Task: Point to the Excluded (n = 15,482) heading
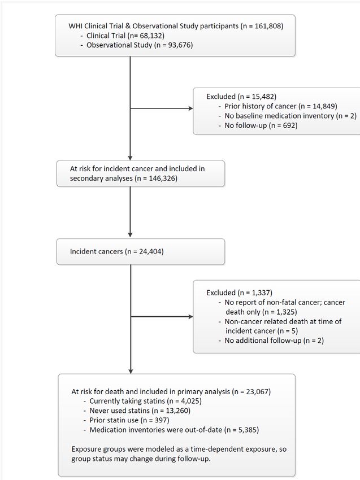coord(241,97)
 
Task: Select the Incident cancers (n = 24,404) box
coord(141,252)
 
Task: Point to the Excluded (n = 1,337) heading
coord(239,293)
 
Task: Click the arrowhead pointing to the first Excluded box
coord(191,108)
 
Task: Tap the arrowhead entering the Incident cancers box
coord(130,234)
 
